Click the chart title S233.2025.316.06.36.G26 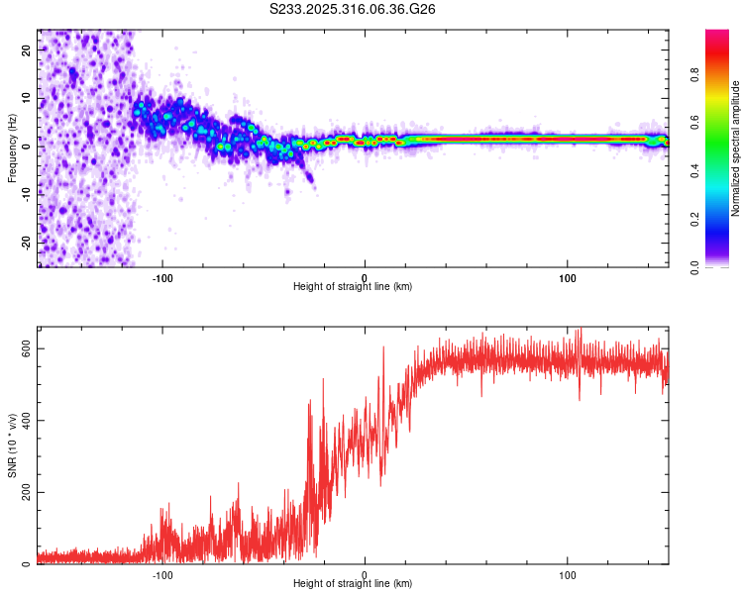(353, 9)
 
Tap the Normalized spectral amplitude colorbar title (736, 148)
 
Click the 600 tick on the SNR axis (27, 348)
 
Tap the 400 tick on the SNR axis (27, 421)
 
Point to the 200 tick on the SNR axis (27, 492)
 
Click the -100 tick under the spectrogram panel (162, 276)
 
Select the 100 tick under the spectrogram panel (568, 276)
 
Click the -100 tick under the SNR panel (162, 574)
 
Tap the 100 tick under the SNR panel (568, 574)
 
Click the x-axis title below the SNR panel (353, 585)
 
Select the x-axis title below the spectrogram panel (353, 287)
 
